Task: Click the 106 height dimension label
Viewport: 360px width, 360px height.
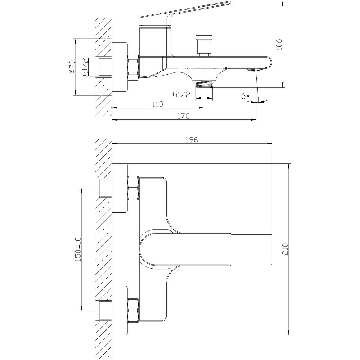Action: click(x=279, y=44)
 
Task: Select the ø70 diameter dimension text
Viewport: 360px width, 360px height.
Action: click(x=72, y=67)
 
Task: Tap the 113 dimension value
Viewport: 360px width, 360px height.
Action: click(x=158, y=104)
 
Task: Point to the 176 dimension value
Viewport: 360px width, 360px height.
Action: click(x=184, y=116)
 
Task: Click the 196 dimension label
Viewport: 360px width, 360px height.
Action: click(x=192, y=139)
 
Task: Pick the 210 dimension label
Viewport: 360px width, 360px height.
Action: click(x=285, y=249)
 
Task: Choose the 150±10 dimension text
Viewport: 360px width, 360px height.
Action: click(x=78, y=249)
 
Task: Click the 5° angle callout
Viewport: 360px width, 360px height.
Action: click(x=245, y=96)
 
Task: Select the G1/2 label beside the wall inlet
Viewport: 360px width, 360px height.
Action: click(x=85, y=67)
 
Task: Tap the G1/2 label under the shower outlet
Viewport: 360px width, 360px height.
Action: click(x=182, y=94)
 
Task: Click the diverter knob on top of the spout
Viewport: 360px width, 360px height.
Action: click(x=204, y=46)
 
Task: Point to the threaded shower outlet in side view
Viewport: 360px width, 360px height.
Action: click(x=204, y=84)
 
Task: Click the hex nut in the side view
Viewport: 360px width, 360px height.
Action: click(x=133, y=67)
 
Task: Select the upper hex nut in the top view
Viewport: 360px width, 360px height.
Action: click(x=133, y=188)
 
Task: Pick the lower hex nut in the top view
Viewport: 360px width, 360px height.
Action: click(x=133, y=310)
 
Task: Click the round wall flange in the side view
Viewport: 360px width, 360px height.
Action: click(x=119, y=67)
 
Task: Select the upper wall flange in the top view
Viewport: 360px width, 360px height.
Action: click(x=119, y=188)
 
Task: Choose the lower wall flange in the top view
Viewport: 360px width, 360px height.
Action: click(x=119, y=310)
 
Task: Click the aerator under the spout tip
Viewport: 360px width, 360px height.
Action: click(x=255, y=70)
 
